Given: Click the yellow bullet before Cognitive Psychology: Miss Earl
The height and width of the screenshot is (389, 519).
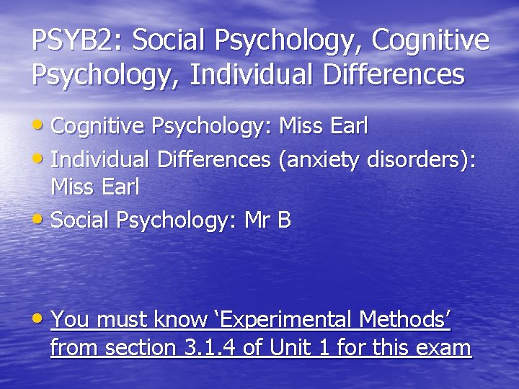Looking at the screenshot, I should pos(41,125).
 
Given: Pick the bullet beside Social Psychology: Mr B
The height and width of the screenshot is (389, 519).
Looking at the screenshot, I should pos(41,220).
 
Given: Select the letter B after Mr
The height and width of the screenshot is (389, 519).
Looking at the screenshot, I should pos(284,220).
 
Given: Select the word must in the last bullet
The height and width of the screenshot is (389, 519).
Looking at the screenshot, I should pos(118,318).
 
